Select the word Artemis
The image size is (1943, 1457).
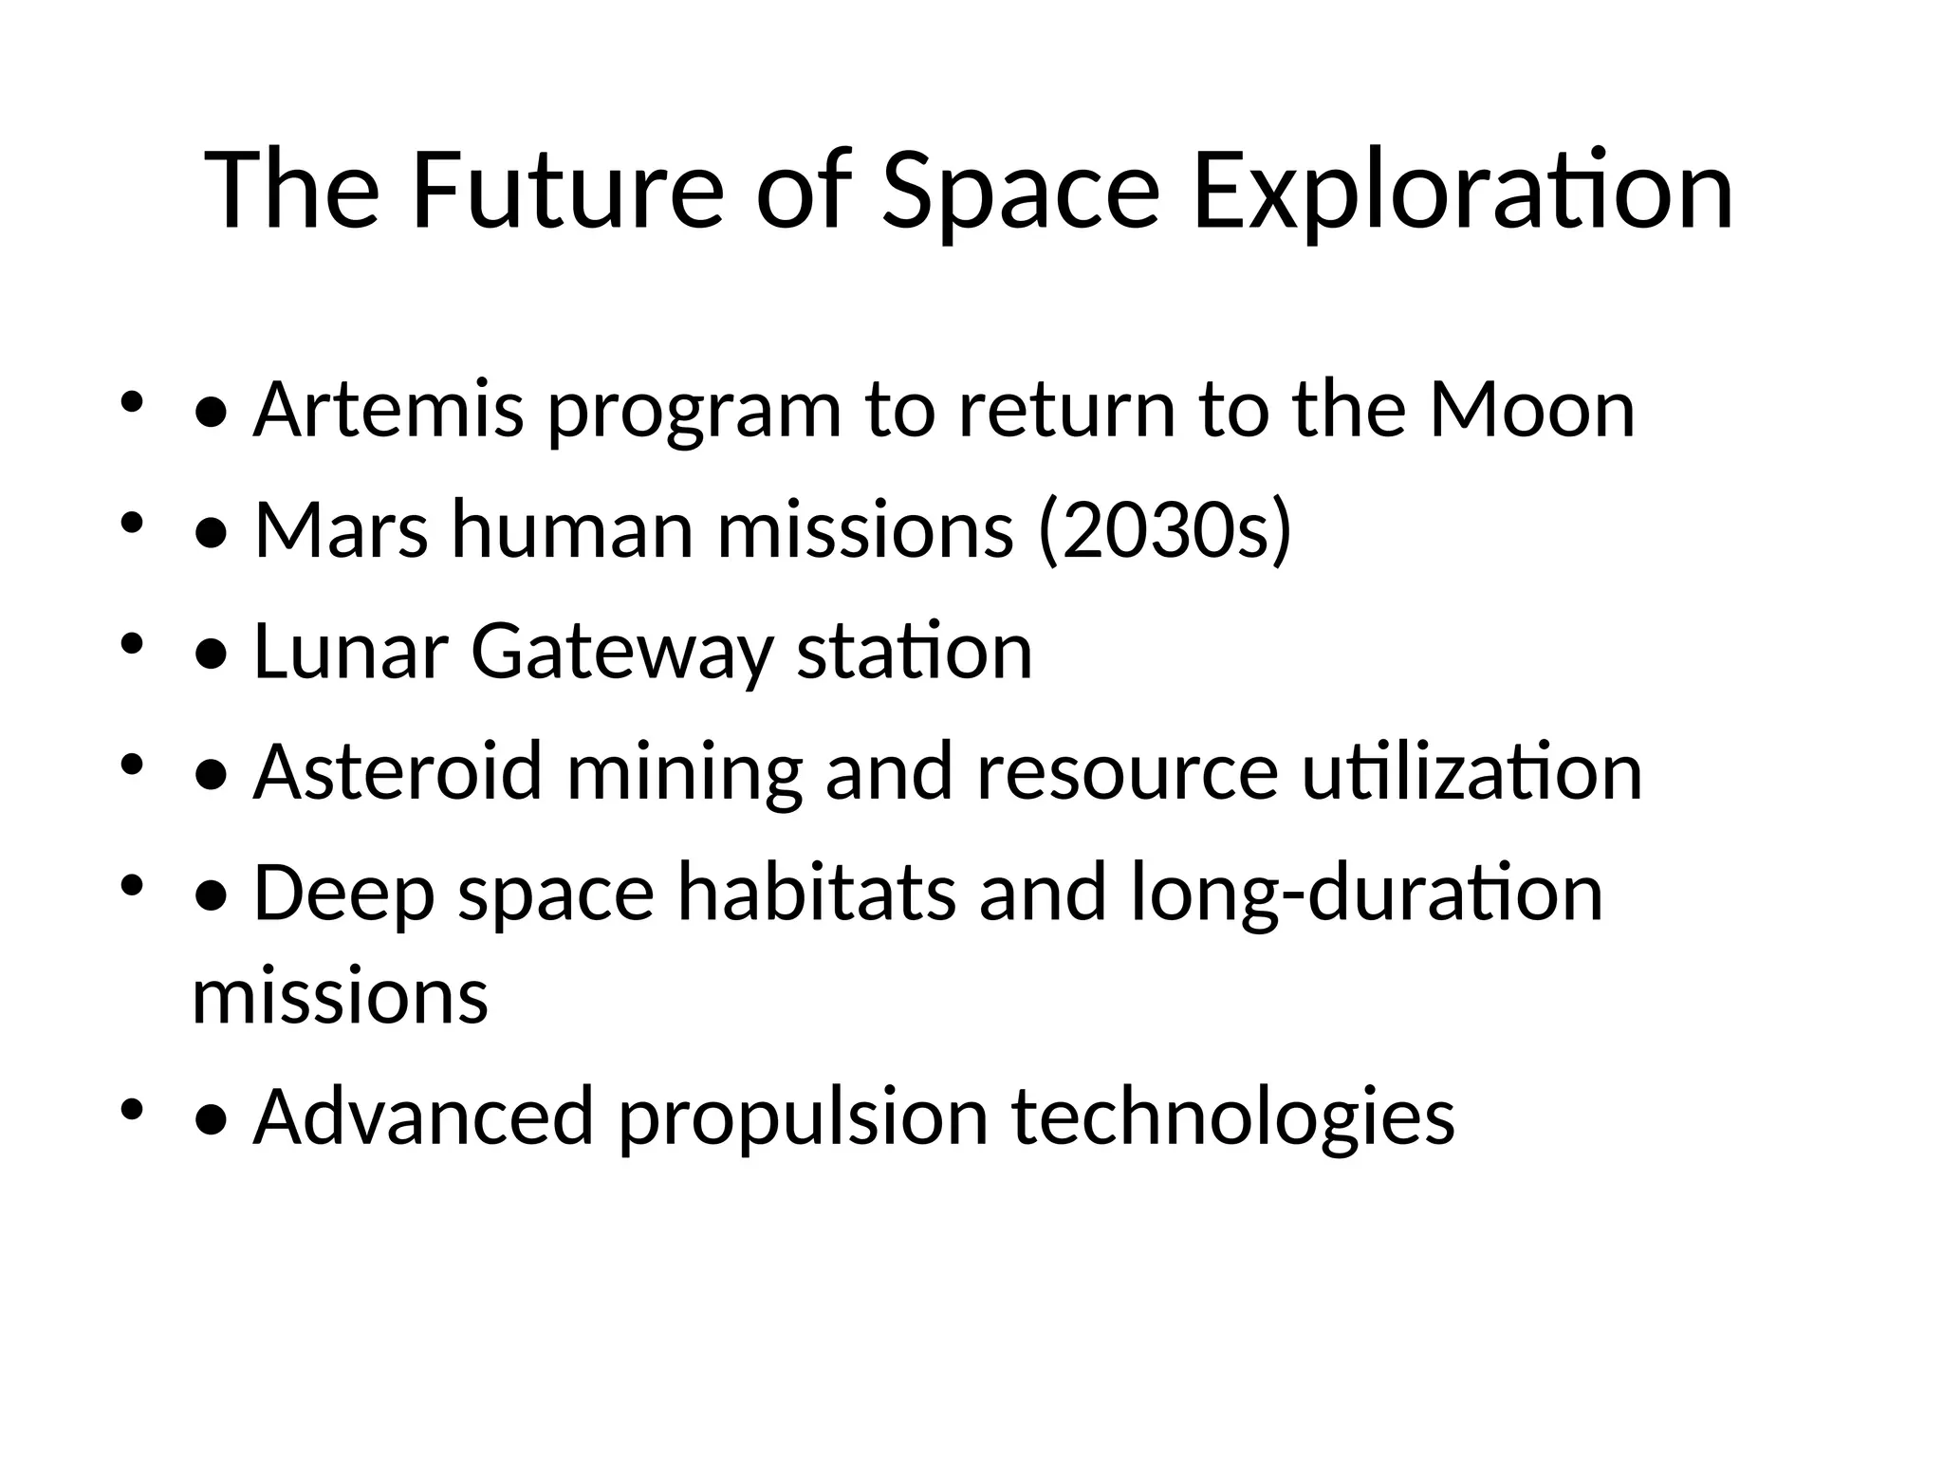point(389,410)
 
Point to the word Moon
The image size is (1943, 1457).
point(1531,410)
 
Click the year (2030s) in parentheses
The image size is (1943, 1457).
point(1165,531)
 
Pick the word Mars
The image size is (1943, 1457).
point(341,531)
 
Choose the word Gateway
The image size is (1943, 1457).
point(621,652)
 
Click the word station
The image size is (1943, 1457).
point(914,652)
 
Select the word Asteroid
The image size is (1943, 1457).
point(398,772)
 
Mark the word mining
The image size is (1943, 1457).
point(684,772)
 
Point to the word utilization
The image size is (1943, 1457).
point(1471,772)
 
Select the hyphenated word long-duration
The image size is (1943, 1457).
point(1366,894)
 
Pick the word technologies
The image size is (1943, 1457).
point(1232,1117)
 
